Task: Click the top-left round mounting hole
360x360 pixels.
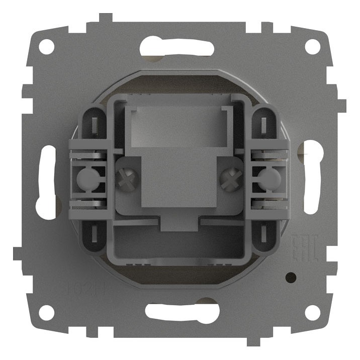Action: point(46,47)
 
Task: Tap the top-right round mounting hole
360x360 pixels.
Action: point(312,47)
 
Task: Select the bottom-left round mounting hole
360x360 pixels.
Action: point(46,312)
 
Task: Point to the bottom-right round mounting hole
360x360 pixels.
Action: point(312,312)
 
